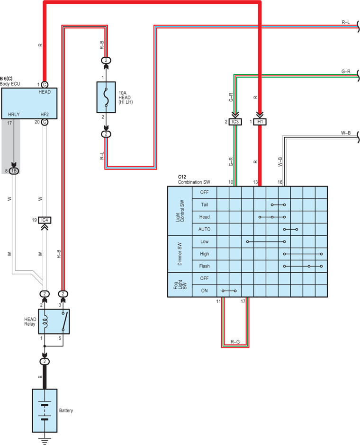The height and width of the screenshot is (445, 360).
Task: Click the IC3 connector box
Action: (235, 122)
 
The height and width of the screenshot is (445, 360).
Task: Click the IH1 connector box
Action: (260, 122)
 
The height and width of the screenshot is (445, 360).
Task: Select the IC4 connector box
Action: (45, 220)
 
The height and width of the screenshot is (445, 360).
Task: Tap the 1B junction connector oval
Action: (14, 171)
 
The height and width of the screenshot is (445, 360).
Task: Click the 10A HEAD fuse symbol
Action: (106, 98)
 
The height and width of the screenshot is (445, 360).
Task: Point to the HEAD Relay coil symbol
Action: (45, 321)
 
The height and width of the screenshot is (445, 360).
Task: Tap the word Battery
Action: (66, 410)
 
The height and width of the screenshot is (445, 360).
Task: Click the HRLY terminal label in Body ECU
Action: (14, 115)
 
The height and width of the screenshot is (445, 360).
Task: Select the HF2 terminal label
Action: (45, 115)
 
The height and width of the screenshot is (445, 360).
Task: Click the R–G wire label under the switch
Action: (235, 342)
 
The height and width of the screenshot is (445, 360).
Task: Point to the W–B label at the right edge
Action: (346, 133)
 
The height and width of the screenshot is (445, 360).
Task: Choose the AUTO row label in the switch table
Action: (205, 229)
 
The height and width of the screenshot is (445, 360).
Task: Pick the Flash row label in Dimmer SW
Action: (205, 266)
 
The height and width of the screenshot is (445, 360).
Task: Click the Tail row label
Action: (205, 205)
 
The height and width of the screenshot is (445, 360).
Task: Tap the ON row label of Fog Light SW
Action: (205, 291)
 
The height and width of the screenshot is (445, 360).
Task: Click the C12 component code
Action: (182, 177)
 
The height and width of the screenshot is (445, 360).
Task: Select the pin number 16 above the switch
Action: (280, 182)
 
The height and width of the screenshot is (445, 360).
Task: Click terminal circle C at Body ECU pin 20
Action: (45, 122)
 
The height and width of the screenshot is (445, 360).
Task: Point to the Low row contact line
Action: (266, 242)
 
